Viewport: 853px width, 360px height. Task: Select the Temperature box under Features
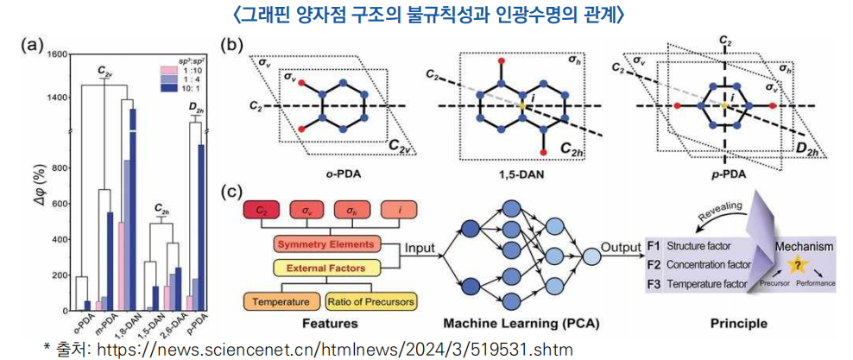tap(281, 302)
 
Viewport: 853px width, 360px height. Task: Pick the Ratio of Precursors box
tap(371, 302)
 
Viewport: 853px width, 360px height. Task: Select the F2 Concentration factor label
tap(698, 263)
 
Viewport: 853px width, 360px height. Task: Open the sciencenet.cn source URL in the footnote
tap(332, 348)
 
